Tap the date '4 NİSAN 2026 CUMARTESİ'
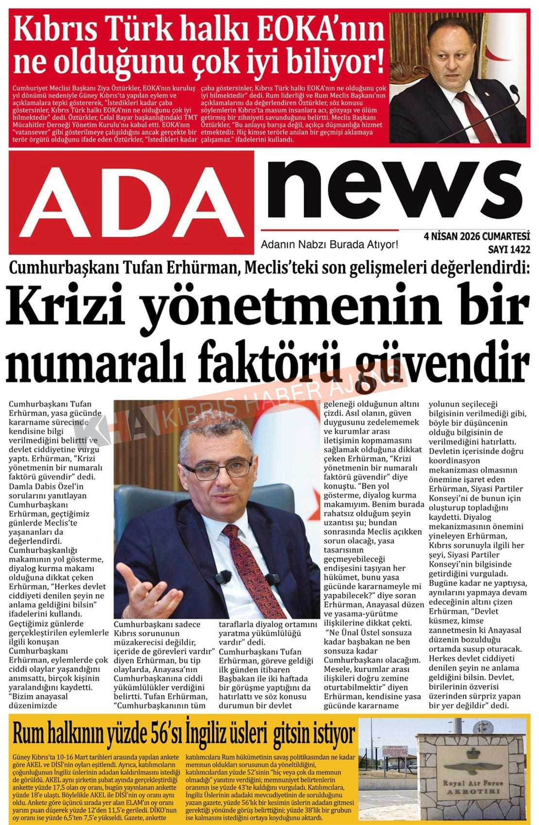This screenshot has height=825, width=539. [x=476, y=236]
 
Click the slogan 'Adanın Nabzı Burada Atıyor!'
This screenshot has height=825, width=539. [x=329, y=245]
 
